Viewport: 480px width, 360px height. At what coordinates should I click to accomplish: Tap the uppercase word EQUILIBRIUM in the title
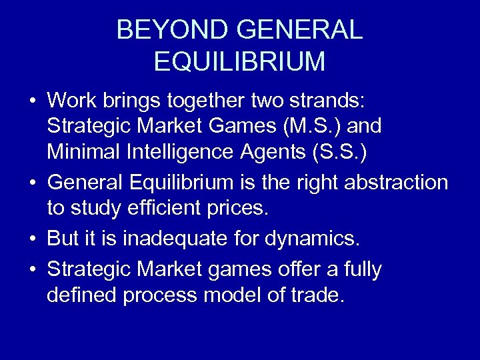coord(240,61)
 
